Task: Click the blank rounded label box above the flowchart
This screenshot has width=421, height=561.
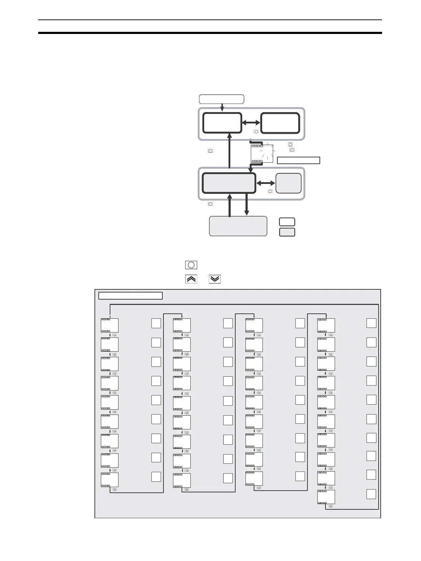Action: [221, 99]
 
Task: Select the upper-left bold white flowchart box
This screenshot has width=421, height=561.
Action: [222, 123]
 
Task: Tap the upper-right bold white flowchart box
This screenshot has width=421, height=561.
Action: [280, 123]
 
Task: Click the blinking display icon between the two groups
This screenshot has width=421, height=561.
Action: [262, 154]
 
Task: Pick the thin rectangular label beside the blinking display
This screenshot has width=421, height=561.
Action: [298, 160]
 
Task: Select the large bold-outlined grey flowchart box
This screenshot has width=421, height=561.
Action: [229, 183]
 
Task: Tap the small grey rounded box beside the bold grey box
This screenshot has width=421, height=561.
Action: [288, 183]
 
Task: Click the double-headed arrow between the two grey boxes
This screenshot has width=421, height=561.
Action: [265, 183]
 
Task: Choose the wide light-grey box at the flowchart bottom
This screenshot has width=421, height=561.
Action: [238, 226]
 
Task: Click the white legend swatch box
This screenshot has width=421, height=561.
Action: [287, 222]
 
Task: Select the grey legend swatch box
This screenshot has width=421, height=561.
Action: [287, 232]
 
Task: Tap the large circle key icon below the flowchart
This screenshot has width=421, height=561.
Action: [191, 265]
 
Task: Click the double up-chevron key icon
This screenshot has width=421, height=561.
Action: [191, 279]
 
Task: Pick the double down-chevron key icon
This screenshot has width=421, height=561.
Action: [215, 279]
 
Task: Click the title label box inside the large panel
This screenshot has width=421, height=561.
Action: [130, 296]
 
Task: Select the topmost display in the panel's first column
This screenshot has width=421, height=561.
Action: [110, 325]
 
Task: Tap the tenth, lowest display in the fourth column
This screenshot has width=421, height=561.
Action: [326, 497]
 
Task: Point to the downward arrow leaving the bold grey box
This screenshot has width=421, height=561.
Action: [247, 205]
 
